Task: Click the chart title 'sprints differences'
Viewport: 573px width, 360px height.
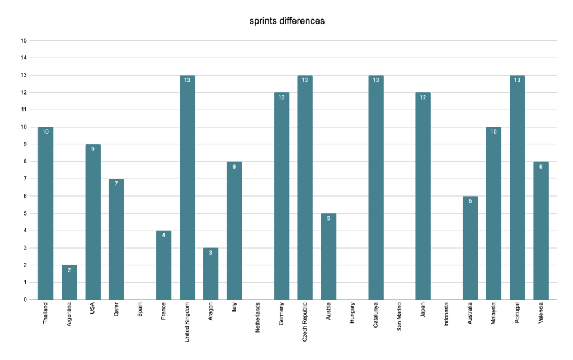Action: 287,21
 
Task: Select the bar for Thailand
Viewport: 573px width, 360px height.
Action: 46,213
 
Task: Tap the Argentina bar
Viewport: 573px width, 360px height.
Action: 69,282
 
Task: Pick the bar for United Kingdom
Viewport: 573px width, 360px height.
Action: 187,187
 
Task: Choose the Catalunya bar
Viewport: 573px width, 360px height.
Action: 376,187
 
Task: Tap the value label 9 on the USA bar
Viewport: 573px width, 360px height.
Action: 93,149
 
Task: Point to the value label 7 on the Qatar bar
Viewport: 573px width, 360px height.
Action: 116,184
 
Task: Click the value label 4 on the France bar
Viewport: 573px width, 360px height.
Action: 164,235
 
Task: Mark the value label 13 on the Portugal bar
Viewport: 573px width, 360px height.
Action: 518,80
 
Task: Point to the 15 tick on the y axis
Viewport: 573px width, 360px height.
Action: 24,41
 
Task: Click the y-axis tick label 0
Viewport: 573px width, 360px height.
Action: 25,300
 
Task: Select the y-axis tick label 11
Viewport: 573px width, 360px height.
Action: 24,110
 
